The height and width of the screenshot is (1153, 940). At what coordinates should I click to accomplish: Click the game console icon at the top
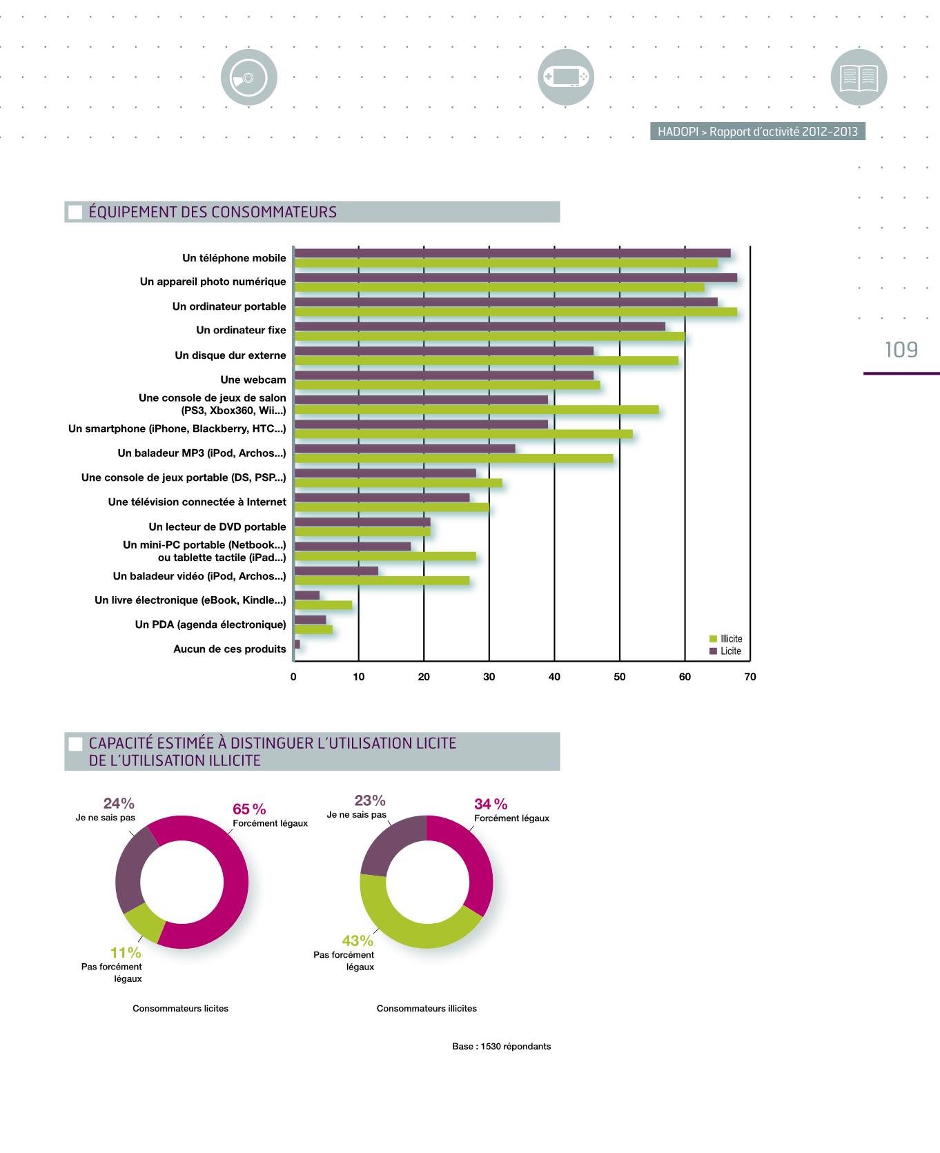click(x=565, y=77)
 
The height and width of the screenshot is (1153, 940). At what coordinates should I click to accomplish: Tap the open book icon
click(x=859, y=77)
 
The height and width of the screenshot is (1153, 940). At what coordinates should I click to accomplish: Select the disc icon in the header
click(x=248, y=77)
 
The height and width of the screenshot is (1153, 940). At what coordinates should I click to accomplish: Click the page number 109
click(x=901, y=350)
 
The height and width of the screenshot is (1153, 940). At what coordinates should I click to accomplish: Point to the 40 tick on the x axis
click(x=554, y=677)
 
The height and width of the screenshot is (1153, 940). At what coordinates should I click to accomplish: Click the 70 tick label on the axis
click(x=750, y=677)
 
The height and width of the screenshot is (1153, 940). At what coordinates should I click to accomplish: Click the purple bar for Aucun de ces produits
click(x=297, y=644)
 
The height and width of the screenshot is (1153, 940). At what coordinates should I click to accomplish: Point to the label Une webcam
click(x=253, y=380)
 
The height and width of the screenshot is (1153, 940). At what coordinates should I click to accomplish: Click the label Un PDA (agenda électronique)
click(x=210, y=624)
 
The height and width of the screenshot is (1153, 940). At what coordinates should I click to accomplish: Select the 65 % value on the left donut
click(x=249, y=809)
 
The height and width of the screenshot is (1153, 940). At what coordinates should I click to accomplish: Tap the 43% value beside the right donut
click(x=358, y=941)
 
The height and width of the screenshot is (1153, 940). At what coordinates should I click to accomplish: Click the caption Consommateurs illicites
click(x=427, y=1009)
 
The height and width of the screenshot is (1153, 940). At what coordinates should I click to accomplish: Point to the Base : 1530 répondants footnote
click(x=501, y=1047)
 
